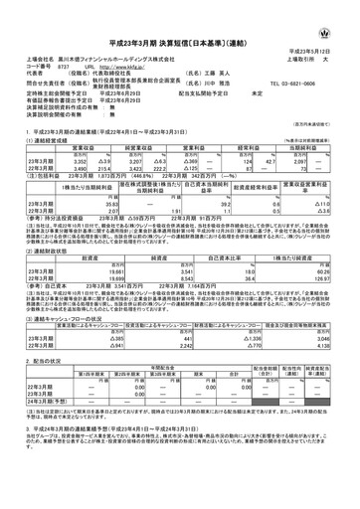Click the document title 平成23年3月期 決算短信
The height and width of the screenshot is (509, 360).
[x=179, y=31]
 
